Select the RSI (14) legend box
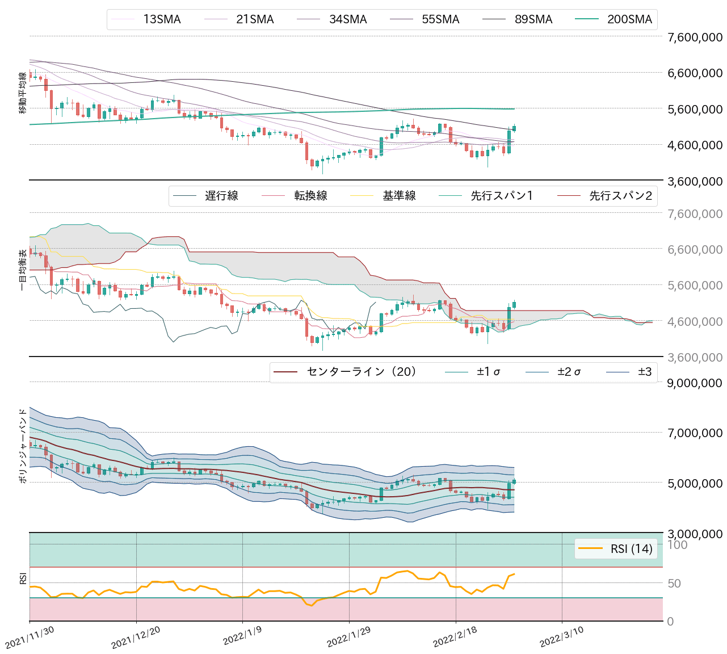(x=616, y=548)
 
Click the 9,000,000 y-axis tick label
(x=695, y=383)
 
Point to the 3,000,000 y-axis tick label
(x=695, y=534)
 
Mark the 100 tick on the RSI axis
(x=677, y=545)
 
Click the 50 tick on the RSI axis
(x=674, y=584)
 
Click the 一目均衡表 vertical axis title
(x=23, y=270)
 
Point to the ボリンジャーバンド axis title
(x=23, y=446)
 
